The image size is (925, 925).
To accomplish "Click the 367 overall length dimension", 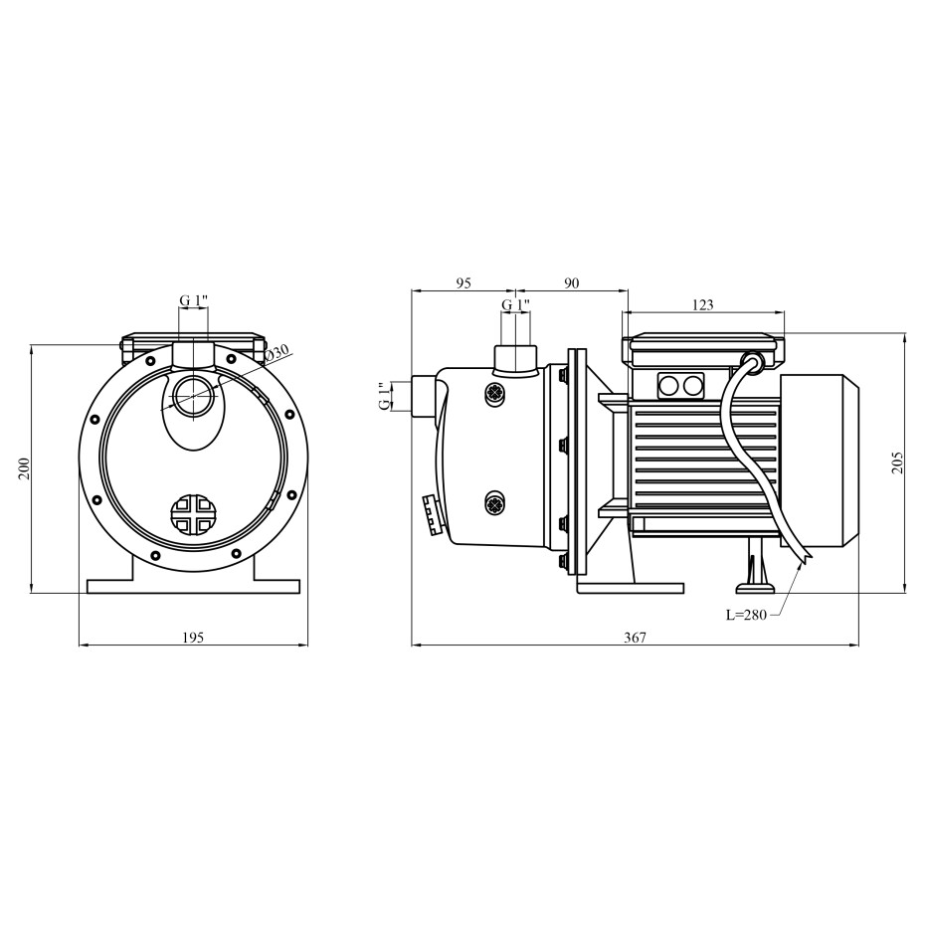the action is point(635,638).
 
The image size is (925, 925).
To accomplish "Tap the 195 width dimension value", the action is point(193,638).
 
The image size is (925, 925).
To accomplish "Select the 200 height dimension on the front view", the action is point(24,468).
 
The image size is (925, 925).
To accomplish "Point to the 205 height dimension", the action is point(898,462).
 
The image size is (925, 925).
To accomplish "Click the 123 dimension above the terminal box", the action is point(702,304).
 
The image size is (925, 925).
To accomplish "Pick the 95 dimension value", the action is point(463,283).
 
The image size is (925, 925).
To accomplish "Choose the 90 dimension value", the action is point(571,283).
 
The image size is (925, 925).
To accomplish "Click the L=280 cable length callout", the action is point(746,616).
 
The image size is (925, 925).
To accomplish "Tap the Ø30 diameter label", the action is point(277,354).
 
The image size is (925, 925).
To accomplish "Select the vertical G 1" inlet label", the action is point(385,396).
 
